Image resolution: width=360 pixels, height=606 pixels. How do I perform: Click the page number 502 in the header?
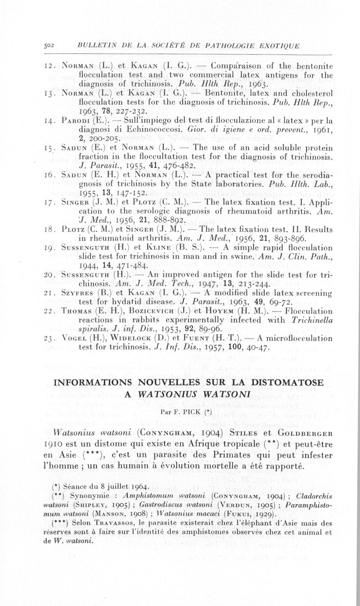[x=48, y=45]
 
